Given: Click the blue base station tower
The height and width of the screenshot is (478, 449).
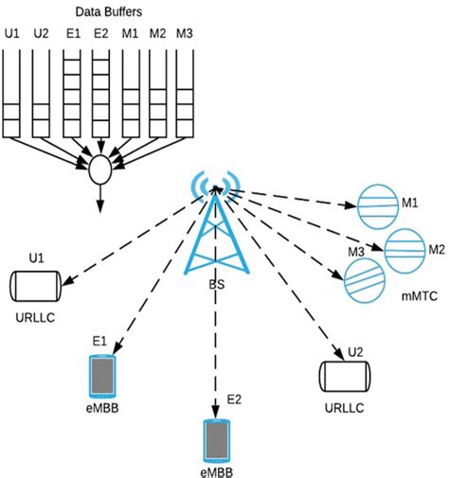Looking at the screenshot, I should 217,237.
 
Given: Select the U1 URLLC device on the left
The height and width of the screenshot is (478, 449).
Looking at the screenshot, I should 35,284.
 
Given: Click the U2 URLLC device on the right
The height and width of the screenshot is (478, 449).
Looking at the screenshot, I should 342,377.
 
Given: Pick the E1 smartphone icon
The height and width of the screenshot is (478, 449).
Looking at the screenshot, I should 100,376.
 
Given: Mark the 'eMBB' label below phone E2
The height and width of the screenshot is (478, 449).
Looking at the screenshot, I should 218,470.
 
